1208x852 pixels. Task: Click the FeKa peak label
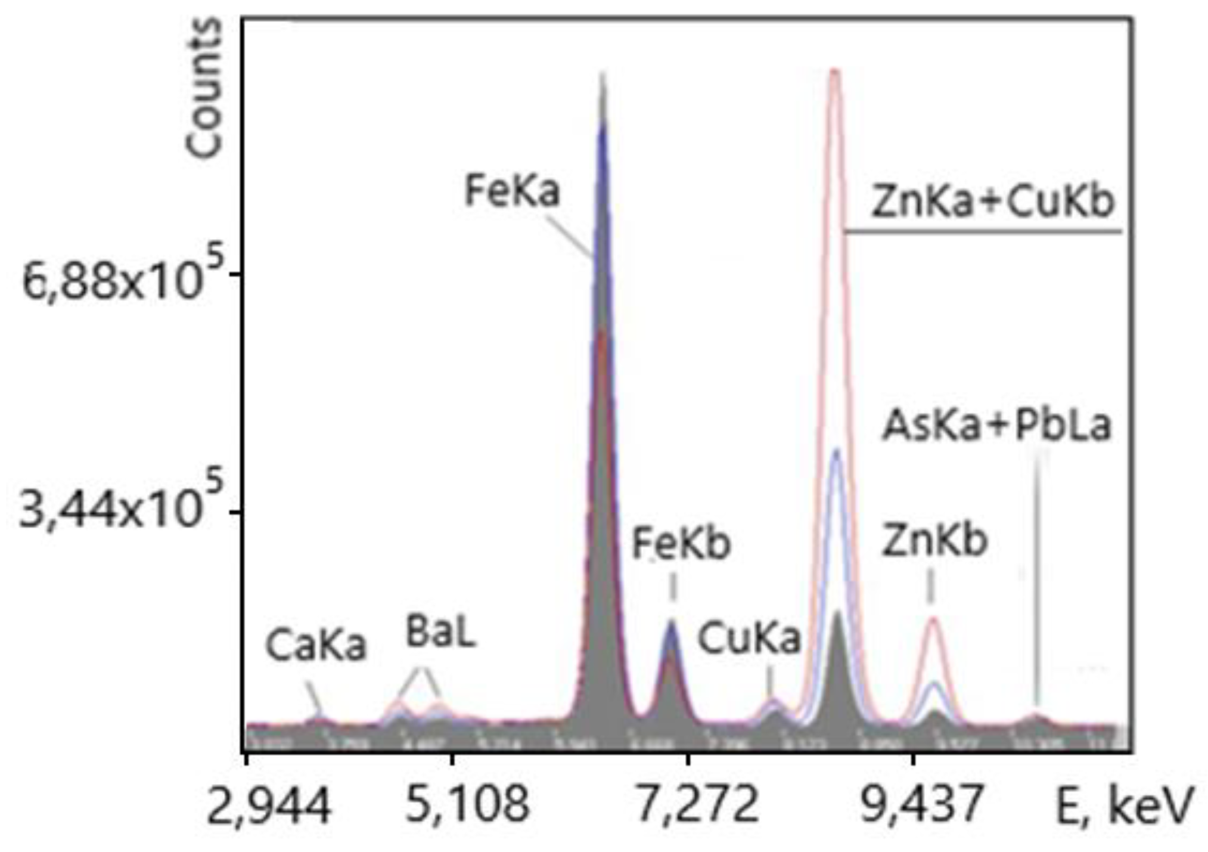click(511, 191)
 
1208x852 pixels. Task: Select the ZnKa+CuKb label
click(992, 202)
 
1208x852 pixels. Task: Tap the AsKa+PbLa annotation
click(996, 426)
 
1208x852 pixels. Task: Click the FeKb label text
click(681, 544)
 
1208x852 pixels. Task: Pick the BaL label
click(440, 633)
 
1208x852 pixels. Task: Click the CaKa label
click(315, 646)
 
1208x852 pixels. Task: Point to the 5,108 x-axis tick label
click(467, 804)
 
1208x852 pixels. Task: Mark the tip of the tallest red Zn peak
click(834, 72)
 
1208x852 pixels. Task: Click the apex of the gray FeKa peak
click(603, 74)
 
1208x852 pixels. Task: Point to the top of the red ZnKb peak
click(933, 618)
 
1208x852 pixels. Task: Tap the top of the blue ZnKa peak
click(837, 450)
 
